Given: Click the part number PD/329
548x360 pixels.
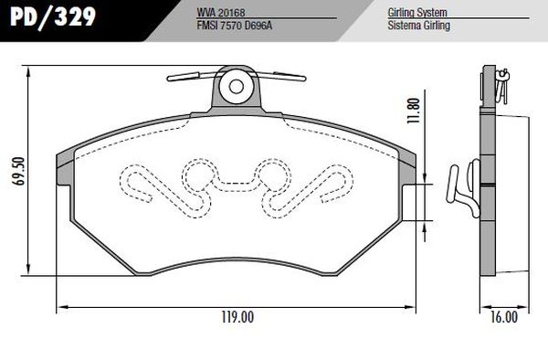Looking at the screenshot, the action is click(53, 16).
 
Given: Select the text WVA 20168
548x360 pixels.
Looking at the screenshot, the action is click(221, 12).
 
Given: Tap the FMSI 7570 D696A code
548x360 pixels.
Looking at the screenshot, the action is click(235, 26).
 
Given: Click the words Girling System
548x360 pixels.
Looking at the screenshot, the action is click(417, 13).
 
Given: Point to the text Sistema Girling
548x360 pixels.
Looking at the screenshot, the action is click(418, 26).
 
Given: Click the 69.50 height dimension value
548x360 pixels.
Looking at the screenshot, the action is click(19, 171).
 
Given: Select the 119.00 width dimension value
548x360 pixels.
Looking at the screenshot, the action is click(237, 317).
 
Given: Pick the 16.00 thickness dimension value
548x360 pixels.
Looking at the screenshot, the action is click(503, 317).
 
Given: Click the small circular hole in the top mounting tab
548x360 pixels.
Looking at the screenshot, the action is click(237, 86).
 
